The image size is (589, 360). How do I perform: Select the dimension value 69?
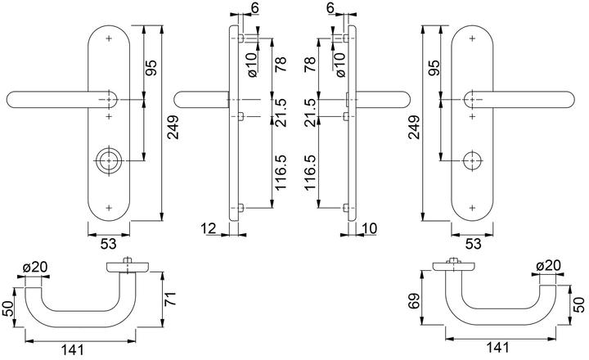pos(414,305)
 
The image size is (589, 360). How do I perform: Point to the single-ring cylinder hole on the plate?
pos(473,160)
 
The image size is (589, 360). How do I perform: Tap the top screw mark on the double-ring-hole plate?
pos(109,38)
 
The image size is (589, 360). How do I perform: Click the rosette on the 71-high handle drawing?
pos(127,267)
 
